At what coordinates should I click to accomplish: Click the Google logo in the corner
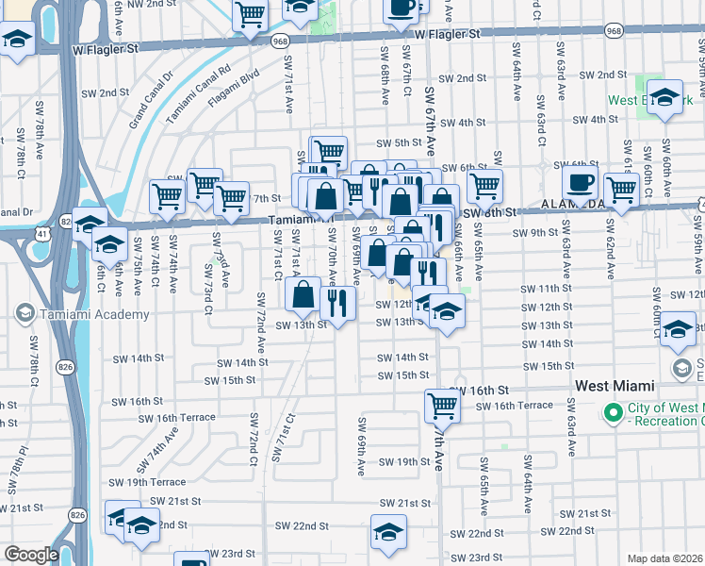pyautogui.click(x=31, y=555)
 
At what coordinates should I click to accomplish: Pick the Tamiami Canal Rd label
pyautogui.click(x=198, y=94)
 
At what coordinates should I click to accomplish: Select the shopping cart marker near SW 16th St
pyautogui.click(x=442, y=407)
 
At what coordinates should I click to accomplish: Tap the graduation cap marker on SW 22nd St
pyautogui.click(x=388, y=533)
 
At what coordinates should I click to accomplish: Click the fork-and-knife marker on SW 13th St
pyautogui.click(x=337, y=303)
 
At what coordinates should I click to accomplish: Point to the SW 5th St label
pyautogui.click(x=396, y=143)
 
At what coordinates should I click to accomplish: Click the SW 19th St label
pyautogui.click(x=404, y=462)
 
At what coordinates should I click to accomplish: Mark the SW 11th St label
pyautogui.click(x=540, y=287)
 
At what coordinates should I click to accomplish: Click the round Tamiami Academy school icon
pyautogui.click(x=25, y=314)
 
